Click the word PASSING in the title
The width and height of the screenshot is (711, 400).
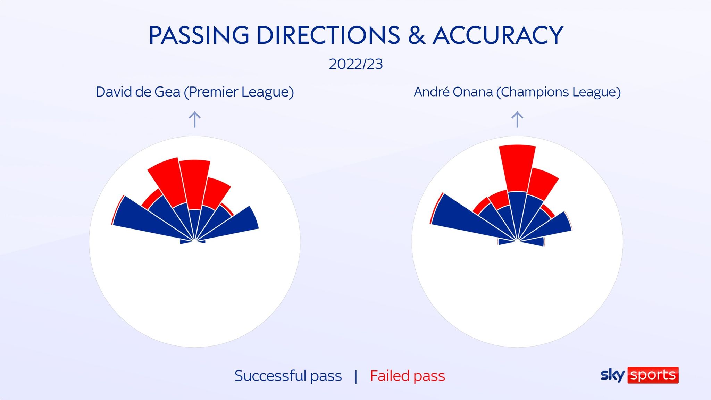[x=199, y=35]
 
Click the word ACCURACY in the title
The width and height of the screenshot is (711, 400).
[x=498, y=35]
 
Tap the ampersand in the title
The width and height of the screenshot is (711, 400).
[x=417, y=35]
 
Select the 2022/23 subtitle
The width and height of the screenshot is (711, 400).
[x=356, y=64]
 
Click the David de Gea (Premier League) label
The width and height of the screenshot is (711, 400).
[x=195, y=92]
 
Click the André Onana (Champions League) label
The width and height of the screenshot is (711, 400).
[x=517, y=92]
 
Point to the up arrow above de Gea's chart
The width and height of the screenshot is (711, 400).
[x=195, y=119]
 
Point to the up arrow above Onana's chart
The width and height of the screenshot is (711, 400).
[x=517, y=119]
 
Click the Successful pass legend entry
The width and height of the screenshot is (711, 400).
[x=288, y=376]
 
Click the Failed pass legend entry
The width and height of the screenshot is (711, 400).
[x=408, y=376]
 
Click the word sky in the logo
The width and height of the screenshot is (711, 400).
[x=613, y=375]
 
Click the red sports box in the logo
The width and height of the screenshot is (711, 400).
[x=653, y=375]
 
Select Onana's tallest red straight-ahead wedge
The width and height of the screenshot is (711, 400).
[x=517, y=168]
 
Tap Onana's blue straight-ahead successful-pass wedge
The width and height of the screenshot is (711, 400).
[x=517, y=212]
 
